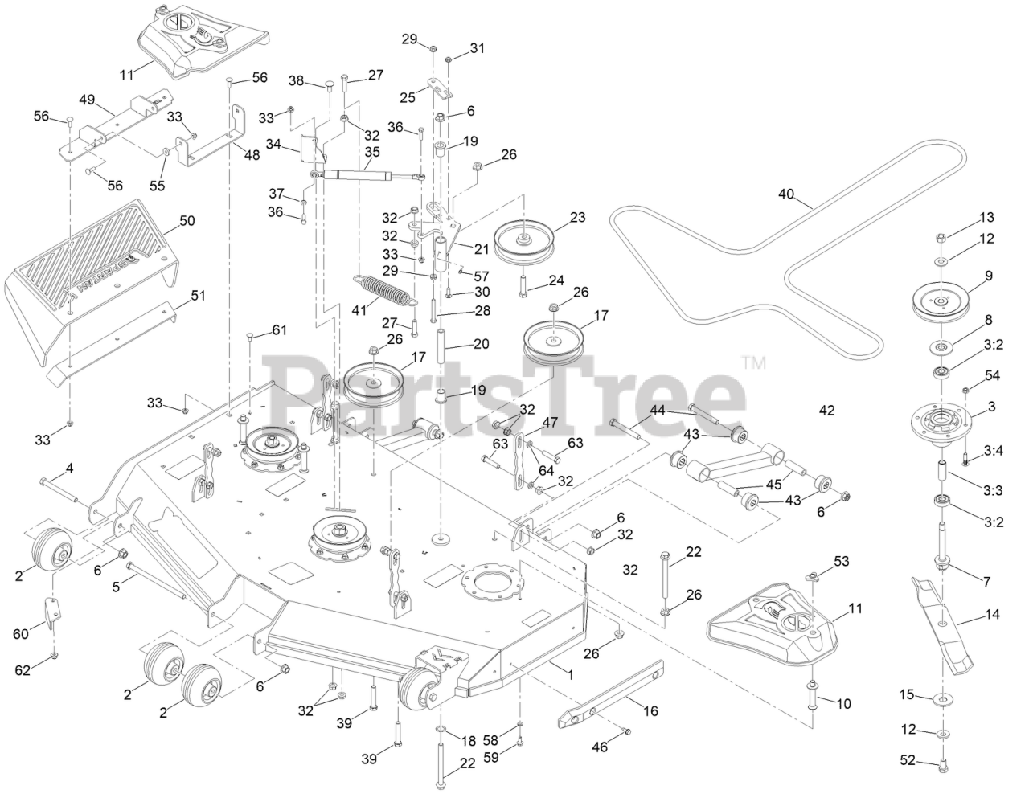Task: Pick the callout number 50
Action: [x=187, y=220]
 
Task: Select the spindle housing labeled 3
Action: [x=941, y=420]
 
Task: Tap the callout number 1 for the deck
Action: [x=570, y=676]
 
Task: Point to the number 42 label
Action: [x=826, y=411]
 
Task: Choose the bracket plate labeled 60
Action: [x=50, y=612]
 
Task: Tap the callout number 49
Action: [x=87, y=100]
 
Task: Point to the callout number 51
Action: [x=198, y=296]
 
